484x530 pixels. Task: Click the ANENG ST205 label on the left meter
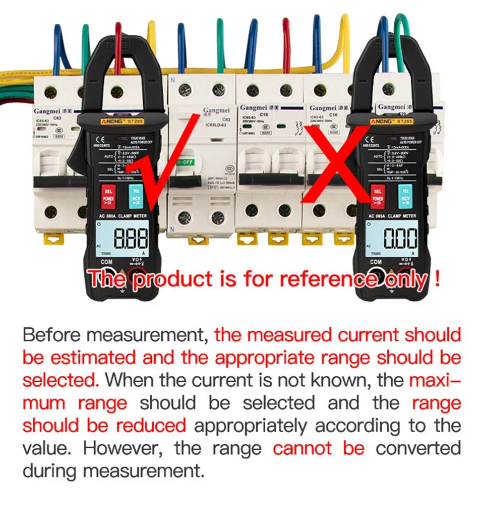pos(117,122)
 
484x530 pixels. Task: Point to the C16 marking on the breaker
pos(263,114)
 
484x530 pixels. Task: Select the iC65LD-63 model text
pos(217,126)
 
